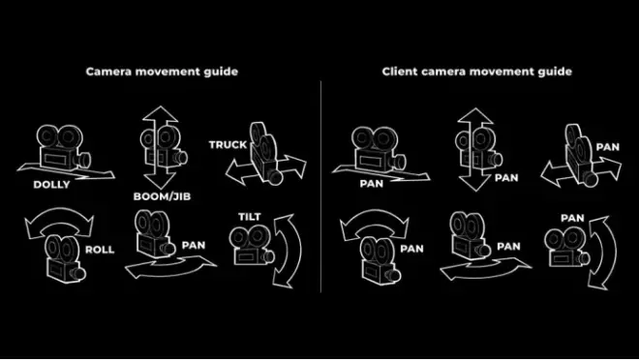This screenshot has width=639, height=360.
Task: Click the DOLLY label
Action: [x=51, y=185]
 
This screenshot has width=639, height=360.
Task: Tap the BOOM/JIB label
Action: [x=162, y=196]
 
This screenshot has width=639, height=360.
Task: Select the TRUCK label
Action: [x=228, y=145]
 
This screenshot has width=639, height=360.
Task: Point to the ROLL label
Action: [x=100, y=250]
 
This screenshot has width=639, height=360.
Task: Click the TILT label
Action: [x=250, y=217]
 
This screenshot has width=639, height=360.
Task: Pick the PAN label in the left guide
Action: [x=194, y=245]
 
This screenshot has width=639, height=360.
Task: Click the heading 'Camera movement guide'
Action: [x=162, y=72]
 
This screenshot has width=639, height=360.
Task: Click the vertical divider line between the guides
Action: [x=320, y=187]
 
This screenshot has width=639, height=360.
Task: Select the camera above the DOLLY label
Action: [x=64, y=147]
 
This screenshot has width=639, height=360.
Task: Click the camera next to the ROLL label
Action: [x=65, y=259]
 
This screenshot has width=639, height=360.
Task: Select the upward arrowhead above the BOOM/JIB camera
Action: [x=160, y=114]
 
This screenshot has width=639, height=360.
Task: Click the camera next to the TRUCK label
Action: [x=264, y=154]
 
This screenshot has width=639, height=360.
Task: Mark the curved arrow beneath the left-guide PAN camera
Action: [x=170, y=266]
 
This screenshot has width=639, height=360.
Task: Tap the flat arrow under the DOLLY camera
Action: [x=65, y=172]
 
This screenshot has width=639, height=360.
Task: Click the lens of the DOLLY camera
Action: [x=85, y=160]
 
